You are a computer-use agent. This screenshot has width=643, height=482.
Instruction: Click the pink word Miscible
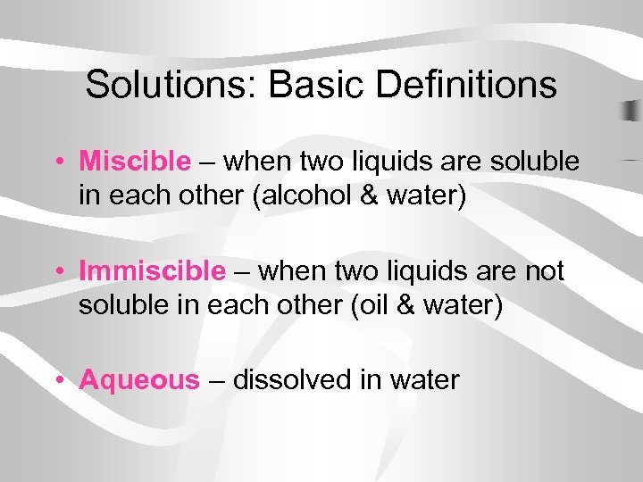click(135, 162)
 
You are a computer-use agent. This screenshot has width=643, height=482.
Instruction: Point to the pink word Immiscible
click(152, 270)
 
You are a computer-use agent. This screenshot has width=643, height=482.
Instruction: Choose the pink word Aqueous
click(139, 380)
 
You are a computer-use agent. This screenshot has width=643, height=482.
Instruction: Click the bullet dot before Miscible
click(57, 163)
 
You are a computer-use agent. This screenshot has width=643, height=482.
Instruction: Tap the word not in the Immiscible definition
click(544, 270)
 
